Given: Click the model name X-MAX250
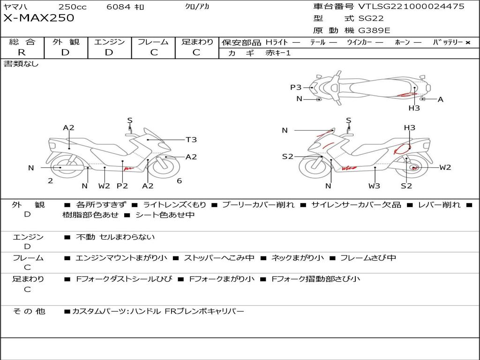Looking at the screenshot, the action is tap(39, 18).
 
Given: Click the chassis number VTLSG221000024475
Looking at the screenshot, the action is tap(411, 6).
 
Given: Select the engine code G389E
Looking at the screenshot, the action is tap(374, 30).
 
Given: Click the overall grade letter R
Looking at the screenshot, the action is tap(22, 52).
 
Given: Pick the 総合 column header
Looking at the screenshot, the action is tap(22, 42).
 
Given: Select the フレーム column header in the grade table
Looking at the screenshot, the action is tap(153, 42).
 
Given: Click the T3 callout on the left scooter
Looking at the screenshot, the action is tap(191, 140).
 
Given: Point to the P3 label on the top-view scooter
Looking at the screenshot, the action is tap(296, 87).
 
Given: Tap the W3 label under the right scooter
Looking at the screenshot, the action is tap(374, 186).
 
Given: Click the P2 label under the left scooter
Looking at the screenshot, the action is tap(122, 186).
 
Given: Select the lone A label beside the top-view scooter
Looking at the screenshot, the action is tap(440, 99).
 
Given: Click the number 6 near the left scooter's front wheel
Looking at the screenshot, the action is tap(179, 181).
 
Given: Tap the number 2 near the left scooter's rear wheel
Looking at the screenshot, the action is tap(50, 181).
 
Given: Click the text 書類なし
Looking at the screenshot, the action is tap(22, 64).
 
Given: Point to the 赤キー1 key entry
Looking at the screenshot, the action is tap(278, 53).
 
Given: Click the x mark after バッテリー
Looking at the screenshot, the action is tap(467, 42).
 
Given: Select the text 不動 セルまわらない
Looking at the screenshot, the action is tap(115, 237).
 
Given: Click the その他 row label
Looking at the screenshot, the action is tap(29, 311).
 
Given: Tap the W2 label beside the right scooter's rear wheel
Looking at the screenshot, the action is tap(445, 167).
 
